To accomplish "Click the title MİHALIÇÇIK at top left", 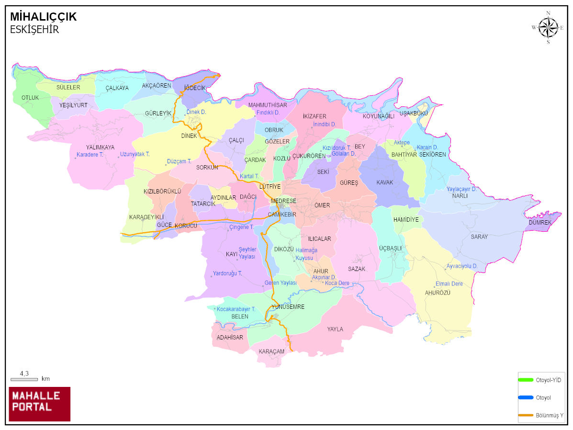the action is tap(43, 17).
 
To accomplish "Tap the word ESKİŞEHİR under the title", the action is tap(34, 30).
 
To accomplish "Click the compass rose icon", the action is tap(548, 27).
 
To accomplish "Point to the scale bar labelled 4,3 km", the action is tap(24, 379).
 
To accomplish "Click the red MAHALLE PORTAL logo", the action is tap(39, 403).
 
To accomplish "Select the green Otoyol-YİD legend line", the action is tap(526, 380).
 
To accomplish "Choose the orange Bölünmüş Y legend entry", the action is tap(526, 415).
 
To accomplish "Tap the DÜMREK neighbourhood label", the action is tap(540, 223).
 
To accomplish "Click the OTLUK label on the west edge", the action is tap(30, 97).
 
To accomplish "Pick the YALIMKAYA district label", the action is tap(100, 147).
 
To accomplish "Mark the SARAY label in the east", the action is tap(479, 237).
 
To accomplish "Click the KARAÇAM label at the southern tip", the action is tap(271, 351).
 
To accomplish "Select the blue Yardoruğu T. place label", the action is tap(227, 273).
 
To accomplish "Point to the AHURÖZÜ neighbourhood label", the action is tap(438, 293).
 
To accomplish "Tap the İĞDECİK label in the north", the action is tap(195, 88).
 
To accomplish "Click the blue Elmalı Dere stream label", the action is tap(449, 283).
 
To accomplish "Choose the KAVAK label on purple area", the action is tap(384, 182).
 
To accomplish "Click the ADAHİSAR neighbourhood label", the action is tap(230, 337).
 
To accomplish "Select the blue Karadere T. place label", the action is tap(90, 155).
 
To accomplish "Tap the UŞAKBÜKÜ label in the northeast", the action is tap(413, 113).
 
